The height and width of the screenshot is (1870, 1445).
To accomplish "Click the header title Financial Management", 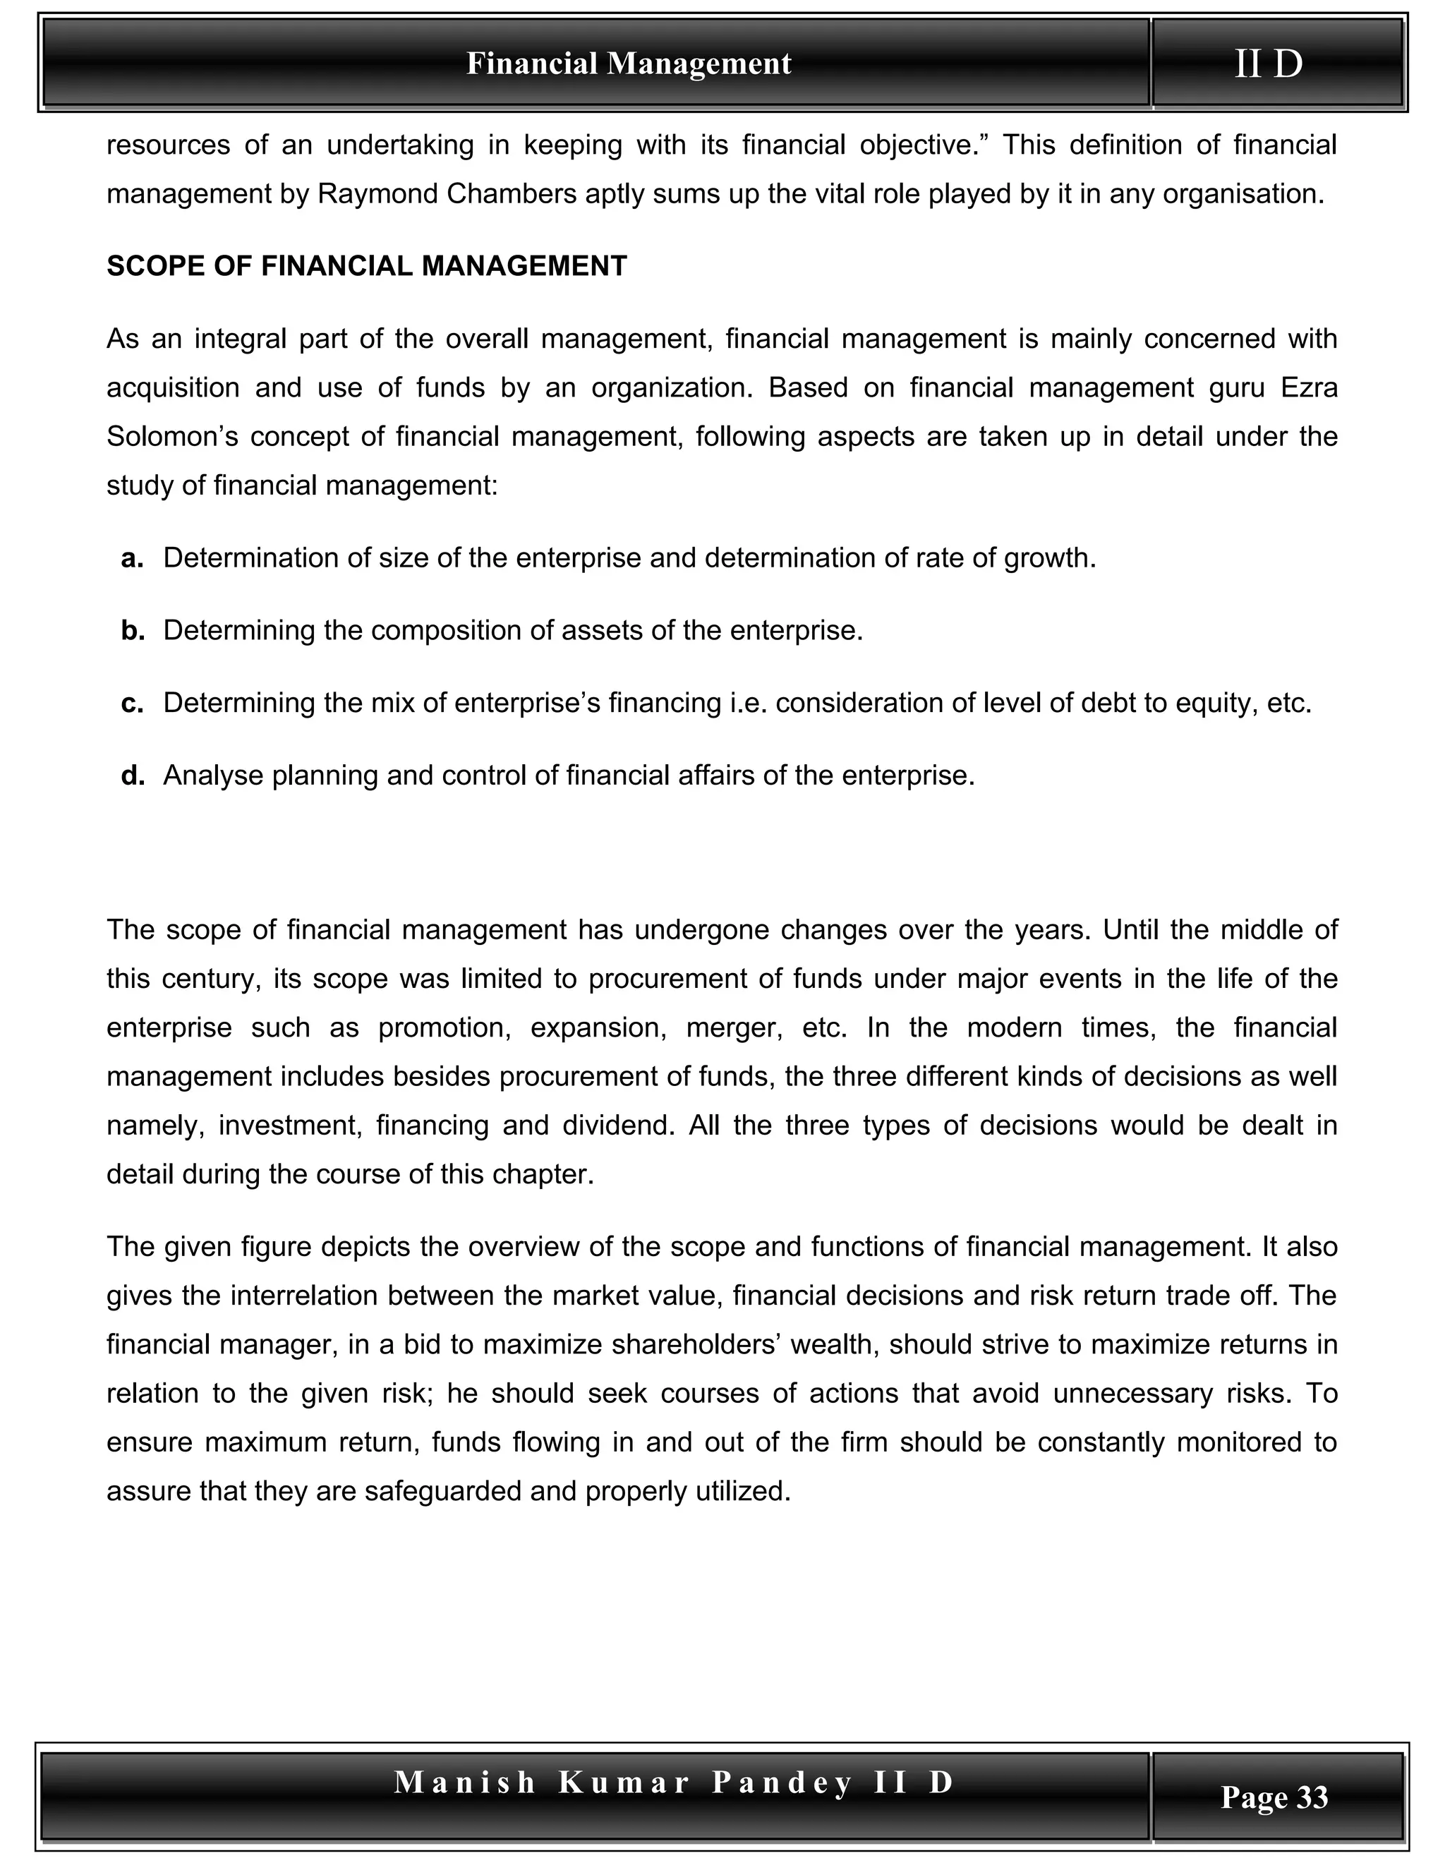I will click(629, 64).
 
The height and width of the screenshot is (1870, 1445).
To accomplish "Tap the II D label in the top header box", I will click(1268, 64).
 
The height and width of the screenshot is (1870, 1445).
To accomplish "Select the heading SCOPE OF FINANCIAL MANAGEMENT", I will click(366, 266).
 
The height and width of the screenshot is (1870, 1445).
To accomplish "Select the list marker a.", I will click(132, 558).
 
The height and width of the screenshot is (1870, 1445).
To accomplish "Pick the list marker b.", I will click(132, 631).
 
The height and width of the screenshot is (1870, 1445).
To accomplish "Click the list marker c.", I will click(132, 703).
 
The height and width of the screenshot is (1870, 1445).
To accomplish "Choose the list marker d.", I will click(132, 776).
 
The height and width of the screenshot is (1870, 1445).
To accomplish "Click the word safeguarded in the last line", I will click(442, 1490).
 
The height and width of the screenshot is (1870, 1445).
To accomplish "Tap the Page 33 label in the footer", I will click(1274, 1797).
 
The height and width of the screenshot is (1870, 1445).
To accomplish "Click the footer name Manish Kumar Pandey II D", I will click(674, 1782).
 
